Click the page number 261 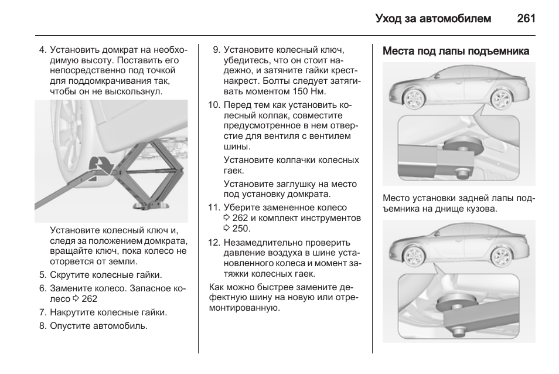tap(526, 18)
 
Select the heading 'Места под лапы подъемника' tap(456, 51)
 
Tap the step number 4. tap(42, 50)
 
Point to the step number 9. tap(216, 50)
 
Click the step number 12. tap(214, 242)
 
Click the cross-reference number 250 tap(241, 229)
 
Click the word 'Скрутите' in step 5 tap(69, 275)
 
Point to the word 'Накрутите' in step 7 tap(71, 312)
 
